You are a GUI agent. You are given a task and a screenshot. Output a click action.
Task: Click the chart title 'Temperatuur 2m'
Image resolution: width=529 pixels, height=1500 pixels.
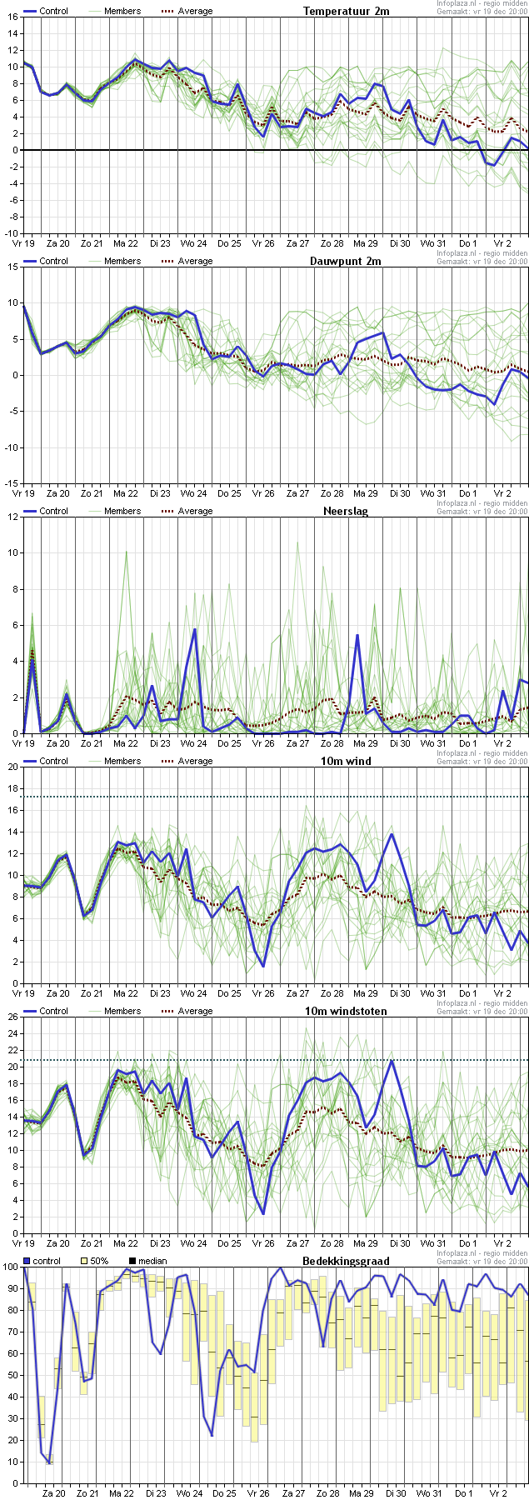(346, 11)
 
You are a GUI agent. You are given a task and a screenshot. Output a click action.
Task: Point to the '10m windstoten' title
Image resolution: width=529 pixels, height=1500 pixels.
(354, 1011)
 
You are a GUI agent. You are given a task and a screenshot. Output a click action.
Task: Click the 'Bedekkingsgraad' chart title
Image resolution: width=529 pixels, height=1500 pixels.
(346, 1261)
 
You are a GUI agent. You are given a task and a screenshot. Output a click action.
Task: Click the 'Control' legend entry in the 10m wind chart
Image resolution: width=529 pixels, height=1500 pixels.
(46, 761)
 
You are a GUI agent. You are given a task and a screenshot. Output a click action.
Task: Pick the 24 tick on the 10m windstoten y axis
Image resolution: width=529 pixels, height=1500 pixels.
(12, 1033)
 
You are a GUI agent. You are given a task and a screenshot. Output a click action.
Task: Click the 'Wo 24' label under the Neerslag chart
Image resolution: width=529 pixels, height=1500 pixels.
(193, 743)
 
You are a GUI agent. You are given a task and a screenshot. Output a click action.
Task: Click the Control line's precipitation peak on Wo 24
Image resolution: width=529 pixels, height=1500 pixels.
(195, 629)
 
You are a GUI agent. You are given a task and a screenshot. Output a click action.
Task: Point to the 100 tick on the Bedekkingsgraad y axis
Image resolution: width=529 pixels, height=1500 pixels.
(10, 1267)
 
